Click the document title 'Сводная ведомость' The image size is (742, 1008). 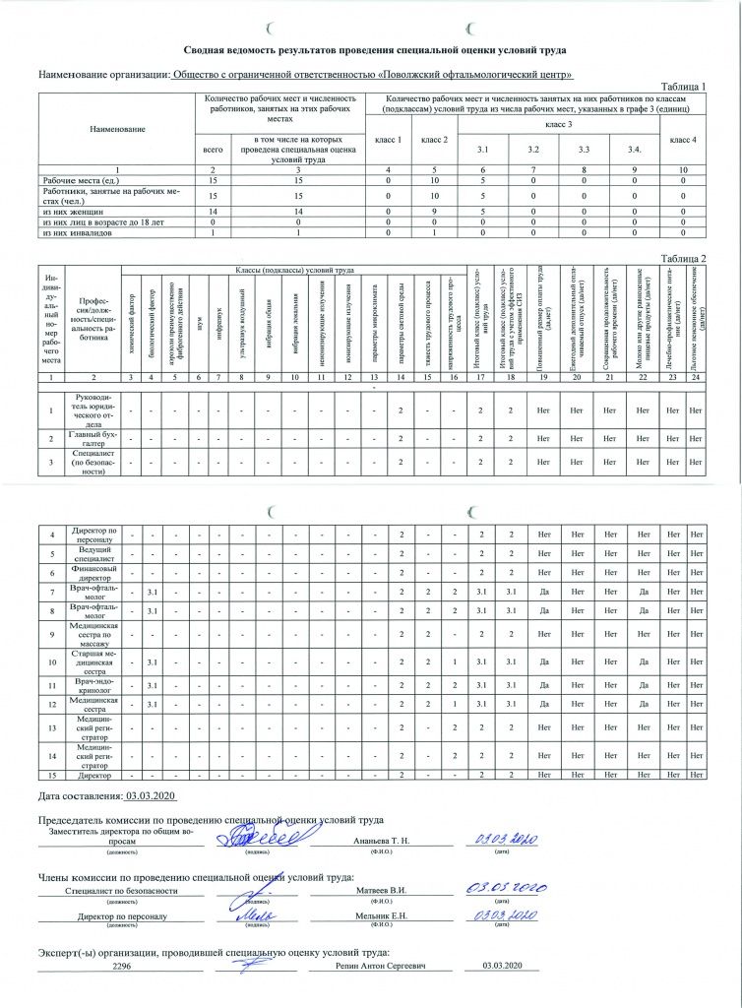(x=375, y=50)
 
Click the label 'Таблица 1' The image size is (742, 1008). (x=685, y=87)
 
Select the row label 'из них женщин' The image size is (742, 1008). (x=73, y=211)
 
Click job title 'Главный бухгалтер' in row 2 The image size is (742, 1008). (x=93, y=438)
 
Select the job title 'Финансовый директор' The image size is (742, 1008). (x=93, y=573)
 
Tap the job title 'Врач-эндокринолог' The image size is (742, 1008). (x=93, y=685)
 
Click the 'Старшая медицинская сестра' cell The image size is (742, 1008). (x=93, y=661)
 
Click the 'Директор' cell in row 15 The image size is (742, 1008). (x=93, y=778)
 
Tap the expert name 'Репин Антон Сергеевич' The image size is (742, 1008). (x=381, y=967)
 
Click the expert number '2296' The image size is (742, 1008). (x=122, y=967)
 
